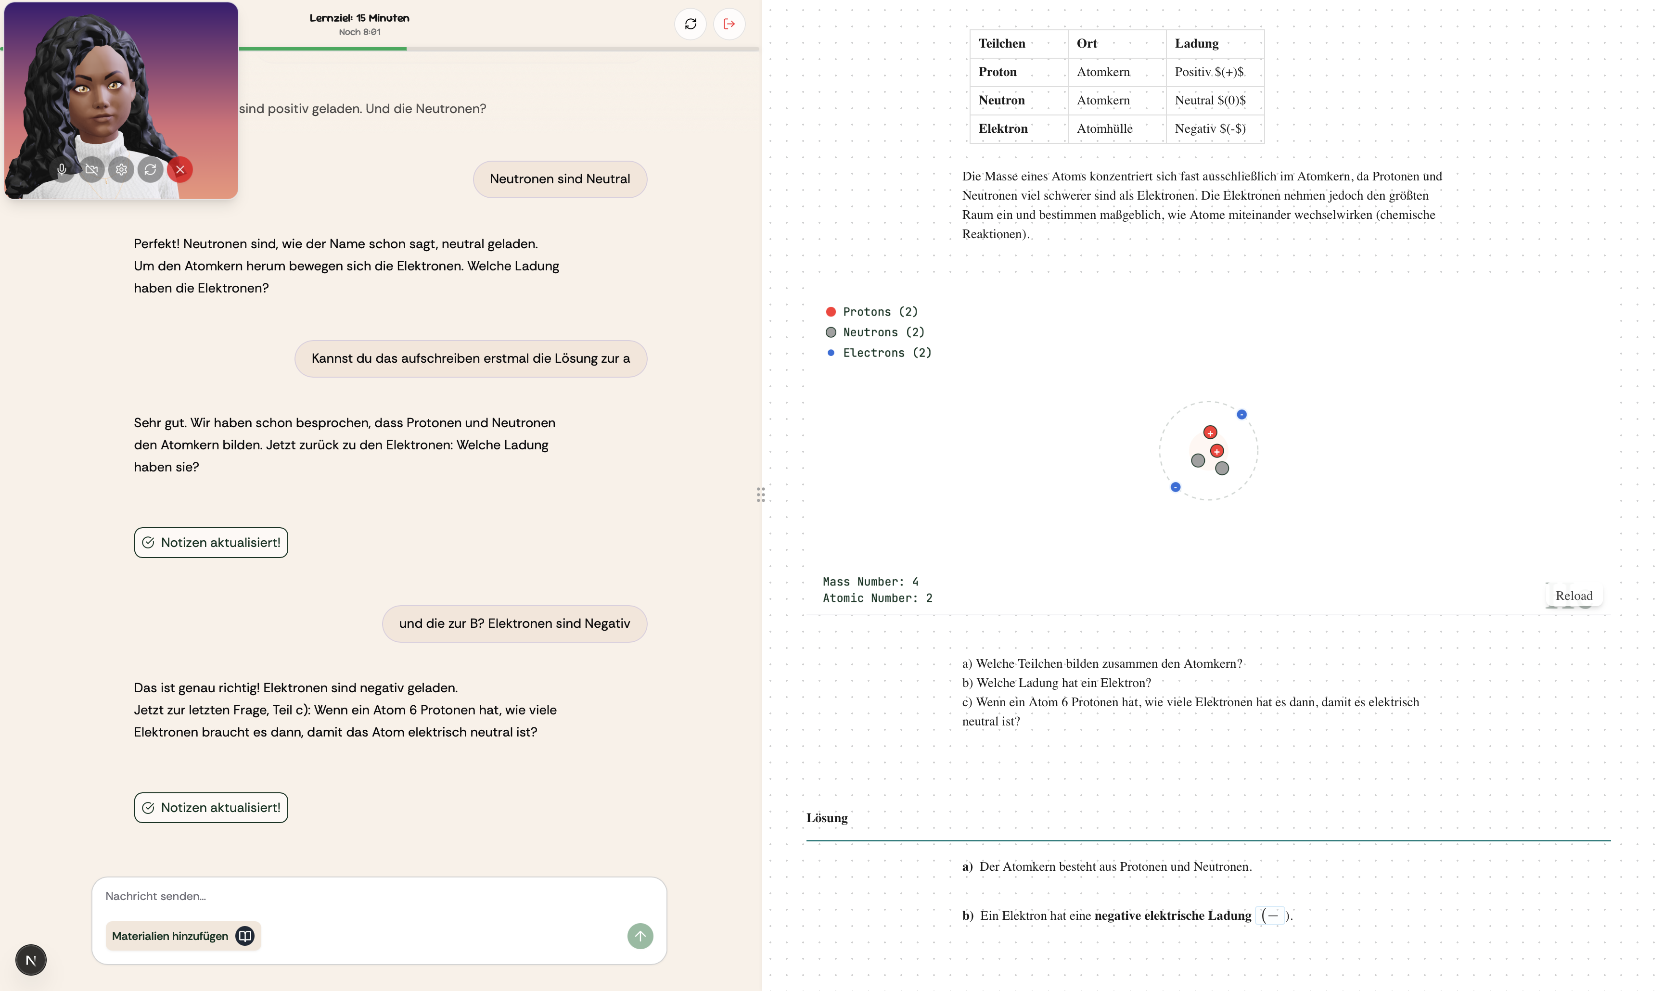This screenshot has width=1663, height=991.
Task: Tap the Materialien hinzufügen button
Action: (182, 936)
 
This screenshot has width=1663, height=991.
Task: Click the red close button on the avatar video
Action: (179, 170)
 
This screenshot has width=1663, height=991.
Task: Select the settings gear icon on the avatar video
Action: (121, 170)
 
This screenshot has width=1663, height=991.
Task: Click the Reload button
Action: (1573, 596)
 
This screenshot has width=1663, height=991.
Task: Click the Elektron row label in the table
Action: (1002, 128)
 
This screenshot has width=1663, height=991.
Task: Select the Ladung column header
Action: (1196, 43)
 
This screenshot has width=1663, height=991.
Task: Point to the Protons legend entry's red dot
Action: (831, 312)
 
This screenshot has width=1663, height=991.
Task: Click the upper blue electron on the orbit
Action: (1241, 415)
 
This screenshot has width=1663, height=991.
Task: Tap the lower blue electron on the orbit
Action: (1176, 487)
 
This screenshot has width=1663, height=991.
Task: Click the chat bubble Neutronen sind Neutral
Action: (559, 179)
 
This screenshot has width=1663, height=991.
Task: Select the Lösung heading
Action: (826, 818)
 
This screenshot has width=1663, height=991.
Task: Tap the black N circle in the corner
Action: (31, 960)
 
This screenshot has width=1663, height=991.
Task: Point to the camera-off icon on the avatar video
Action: (91, 170)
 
